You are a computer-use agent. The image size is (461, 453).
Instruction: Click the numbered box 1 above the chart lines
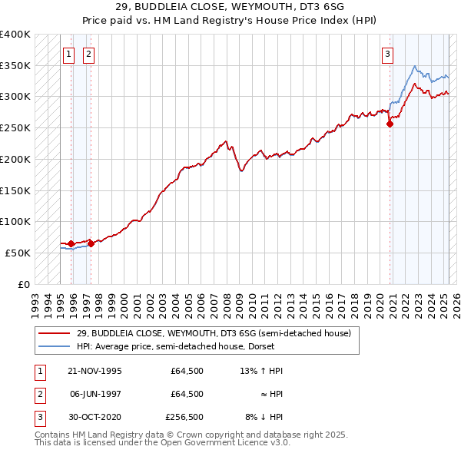pos(69,54)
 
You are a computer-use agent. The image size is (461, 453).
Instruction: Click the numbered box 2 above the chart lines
pos(89,54)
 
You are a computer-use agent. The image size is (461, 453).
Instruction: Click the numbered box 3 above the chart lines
pos(388,54)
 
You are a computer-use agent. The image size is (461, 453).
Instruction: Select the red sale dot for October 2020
pos(390,124)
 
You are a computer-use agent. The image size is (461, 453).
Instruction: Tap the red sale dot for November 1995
pos(71,244)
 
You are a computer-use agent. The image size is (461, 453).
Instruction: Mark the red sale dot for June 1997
pos(91,244)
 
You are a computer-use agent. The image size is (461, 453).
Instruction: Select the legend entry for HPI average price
pos(177,346)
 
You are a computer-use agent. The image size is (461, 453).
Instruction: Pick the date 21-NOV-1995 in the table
pos(95,371)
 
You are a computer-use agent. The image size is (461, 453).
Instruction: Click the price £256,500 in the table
pos(184,417)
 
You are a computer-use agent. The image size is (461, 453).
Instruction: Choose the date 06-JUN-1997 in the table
pos(95,394)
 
